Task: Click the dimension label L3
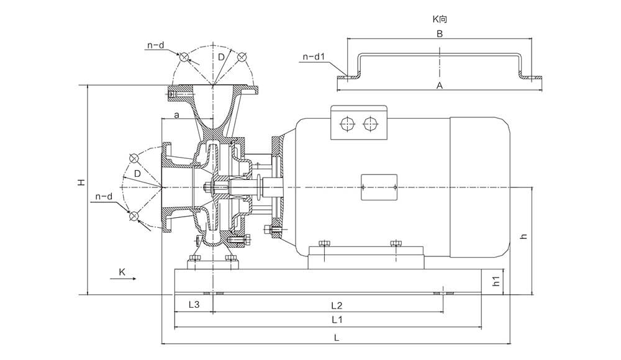pos(194,305)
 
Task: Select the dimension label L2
pos(337,305)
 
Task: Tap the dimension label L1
pos(337,320)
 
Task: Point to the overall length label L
pos(336,338)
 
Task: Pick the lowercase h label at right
pos(524,236)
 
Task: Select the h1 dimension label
pos(496,281)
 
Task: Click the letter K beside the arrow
pos(122,272)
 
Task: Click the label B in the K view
pos(439,34)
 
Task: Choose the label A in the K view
pos(439,86)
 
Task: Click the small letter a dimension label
pos(176,115)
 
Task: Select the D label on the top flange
pos(220,57)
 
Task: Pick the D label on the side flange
pos(137,173)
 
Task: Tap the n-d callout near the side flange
pos(104,197)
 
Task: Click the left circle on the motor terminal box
pos(347,123)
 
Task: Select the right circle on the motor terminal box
pos(370,123)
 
